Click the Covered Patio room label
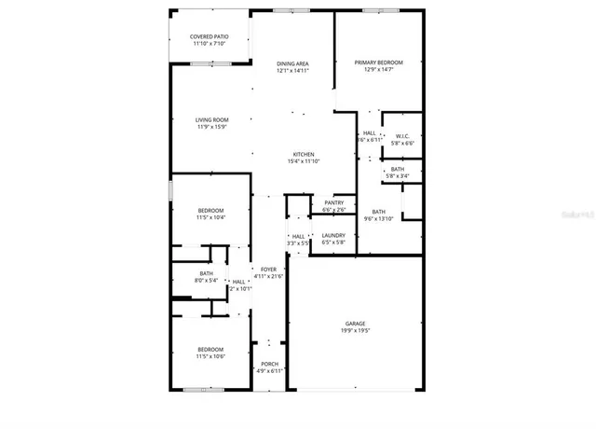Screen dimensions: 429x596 tap(210, 36)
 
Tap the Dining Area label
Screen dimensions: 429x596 tap(291, 62)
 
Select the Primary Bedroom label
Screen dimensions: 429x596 tap(378, 62)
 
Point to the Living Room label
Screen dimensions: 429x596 tap(212, 119)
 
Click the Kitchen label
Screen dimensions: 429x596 tap(304, 154)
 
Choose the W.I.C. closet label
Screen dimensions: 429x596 tap(403, 136)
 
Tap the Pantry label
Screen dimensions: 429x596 tap(333, 202)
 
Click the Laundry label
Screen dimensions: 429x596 tap(333, 235)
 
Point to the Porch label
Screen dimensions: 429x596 tap(269, 364)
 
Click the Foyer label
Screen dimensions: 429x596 tap(269, 270)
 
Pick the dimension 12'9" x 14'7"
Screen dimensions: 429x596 tap(378, 70)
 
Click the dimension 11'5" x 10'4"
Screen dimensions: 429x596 tap(210, 217)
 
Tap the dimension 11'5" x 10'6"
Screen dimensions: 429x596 tap(210, 356)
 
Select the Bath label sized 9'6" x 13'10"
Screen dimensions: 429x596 tap(378, 212)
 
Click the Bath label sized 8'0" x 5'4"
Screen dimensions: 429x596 tap(206, 273)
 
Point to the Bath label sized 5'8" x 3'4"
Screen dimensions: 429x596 tap(398, 169)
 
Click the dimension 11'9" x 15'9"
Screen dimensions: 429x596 tap(212, 127)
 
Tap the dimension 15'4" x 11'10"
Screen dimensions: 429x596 tap(304, 161)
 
